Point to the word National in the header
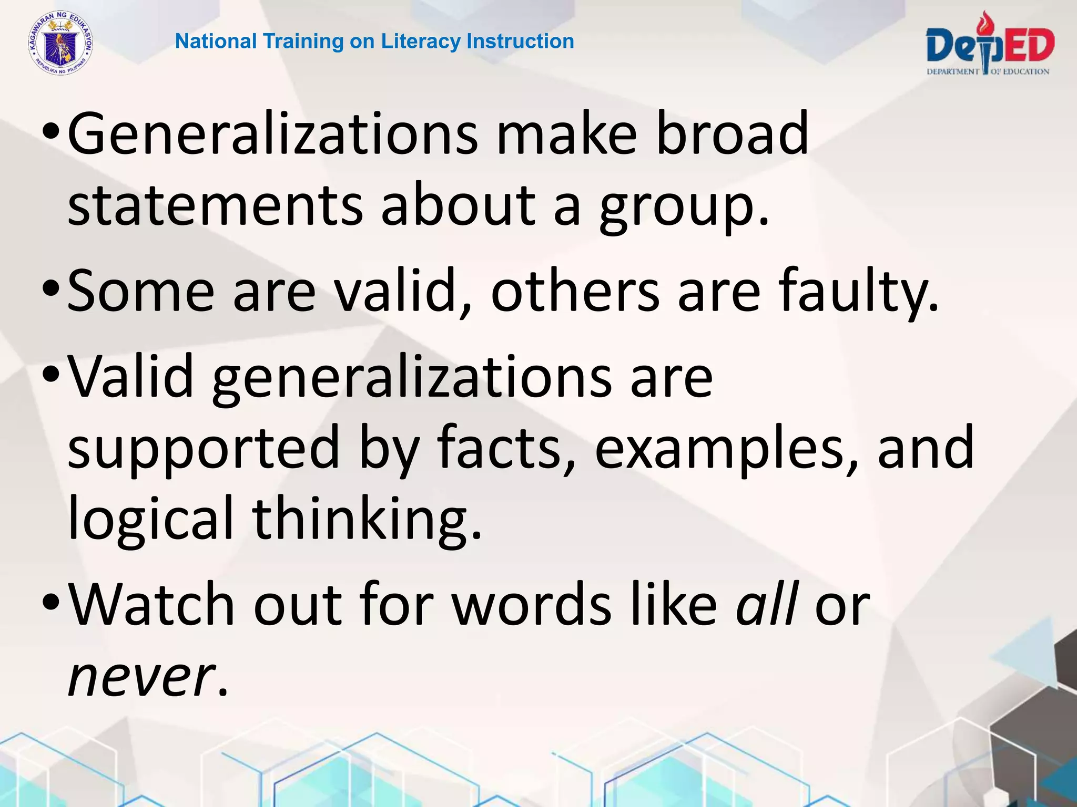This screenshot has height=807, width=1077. [216, 42]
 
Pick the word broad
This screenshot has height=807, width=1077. [732, 134]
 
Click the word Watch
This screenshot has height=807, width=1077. [151, 605]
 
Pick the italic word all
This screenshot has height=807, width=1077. [767, 605]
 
